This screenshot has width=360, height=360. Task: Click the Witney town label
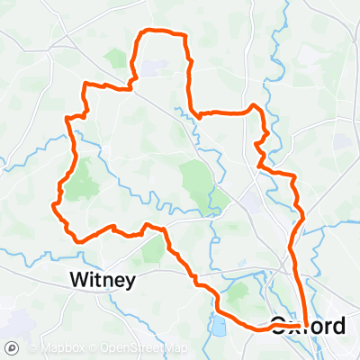[103, 281]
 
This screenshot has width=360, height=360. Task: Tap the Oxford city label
[307, 326]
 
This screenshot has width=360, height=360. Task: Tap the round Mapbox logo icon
[12, 348]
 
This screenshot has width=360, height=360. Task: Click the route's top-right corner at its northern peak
[184, 37]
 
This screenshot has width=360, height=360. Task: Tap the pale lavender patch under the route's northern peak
[151, 67]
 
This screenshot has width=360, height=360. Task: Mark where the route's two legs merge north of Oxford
[297, 261]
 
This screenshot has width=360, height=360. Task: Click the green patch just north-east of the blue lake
[238, 292]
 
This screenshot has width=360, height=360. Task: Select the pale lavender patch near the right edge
[341, 142]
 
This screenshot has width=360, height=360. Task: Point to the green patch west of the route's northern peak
[116, 58]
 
